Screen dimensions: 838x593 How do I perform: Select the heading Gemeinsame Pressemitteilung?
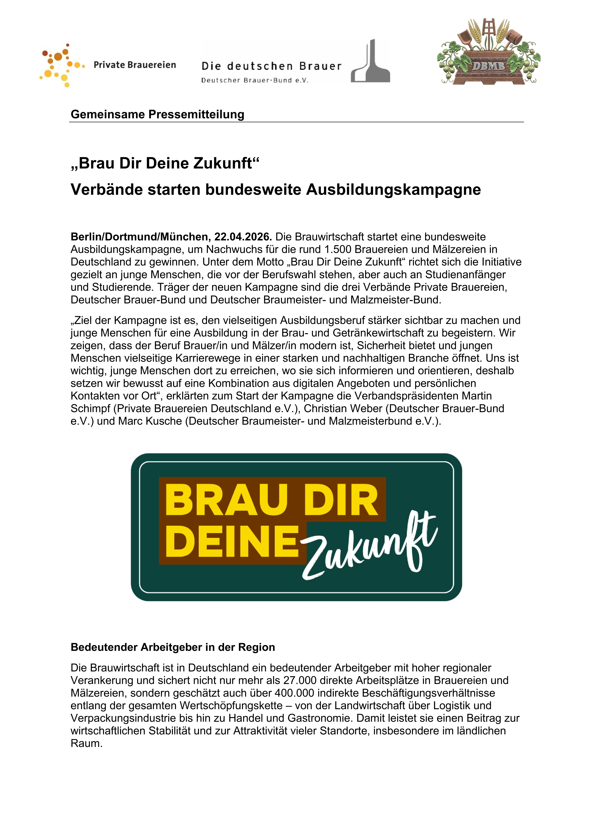(157, 114)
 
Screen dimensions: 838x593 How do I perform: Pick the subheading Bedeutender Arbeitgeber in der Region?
(173, 647)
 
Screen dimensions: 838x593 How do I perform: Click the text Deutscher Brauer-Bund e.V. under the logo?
(254, 80)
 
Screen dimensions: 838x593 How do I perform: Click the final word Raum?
(86, 743)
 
